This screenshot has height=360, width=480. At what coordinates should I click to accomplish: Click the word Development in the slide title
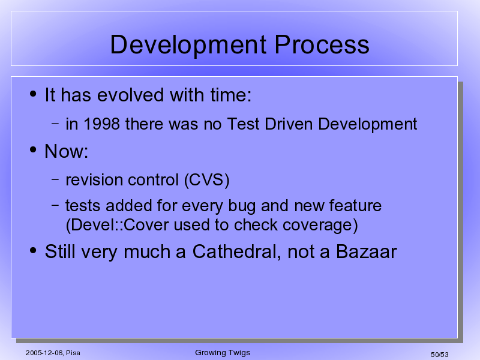(x=188, y=45)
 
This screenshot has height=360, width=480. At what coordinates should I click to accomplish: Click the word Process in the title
(x=322, y=44)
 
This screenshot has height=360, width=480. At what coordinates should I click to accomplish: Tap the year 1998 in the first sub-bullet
(x=101, y=124)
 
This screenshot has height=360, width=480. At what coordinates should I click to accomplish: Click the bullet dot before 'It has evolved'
(x=33, y=94)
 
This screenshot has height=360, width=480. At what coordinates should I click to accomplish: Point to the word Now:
(x=66, y=151)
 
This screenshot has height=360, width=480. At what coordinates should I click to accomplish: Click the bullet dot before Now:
(x=33, y=149)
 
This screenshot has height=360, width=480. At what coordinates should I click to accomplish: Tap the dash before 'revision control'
(x=55, y=179)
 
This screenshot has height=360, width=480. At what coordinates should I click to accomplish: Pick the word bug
(x=242, y=206)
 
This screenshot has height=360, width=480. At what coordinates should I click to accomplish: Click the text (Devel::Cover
(x=117, y=225)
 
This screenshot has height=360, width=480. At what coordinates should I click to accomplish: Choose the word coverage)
(x=320, y=226)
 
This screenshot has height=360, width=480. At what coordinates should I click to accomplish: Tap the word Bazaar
(x=366, y=252)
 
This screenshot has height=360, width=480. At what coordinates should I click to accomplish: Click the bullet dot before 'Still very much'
(x=33, y=251)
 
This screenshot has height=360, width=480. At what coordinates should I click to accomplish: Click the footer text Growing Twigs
(x=223, y=353)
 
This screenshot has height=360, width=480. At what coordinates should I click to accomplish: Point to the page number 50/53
(x=439, y=355)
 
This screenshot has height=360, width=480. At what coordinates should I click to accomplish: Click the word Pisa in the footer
(x=73, y=353)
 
